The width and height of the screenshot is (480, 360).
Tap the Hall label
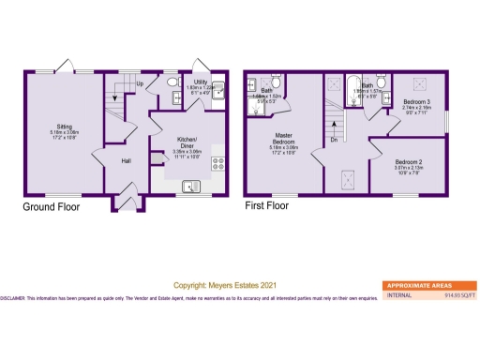coord(125,160)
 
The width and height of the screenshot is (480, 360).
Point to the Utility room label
coord(202,82)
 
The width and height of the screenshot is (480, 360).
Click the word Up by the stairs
coord(140,84)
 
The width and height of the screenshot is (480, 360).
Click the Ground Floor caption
coord(52,206)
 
